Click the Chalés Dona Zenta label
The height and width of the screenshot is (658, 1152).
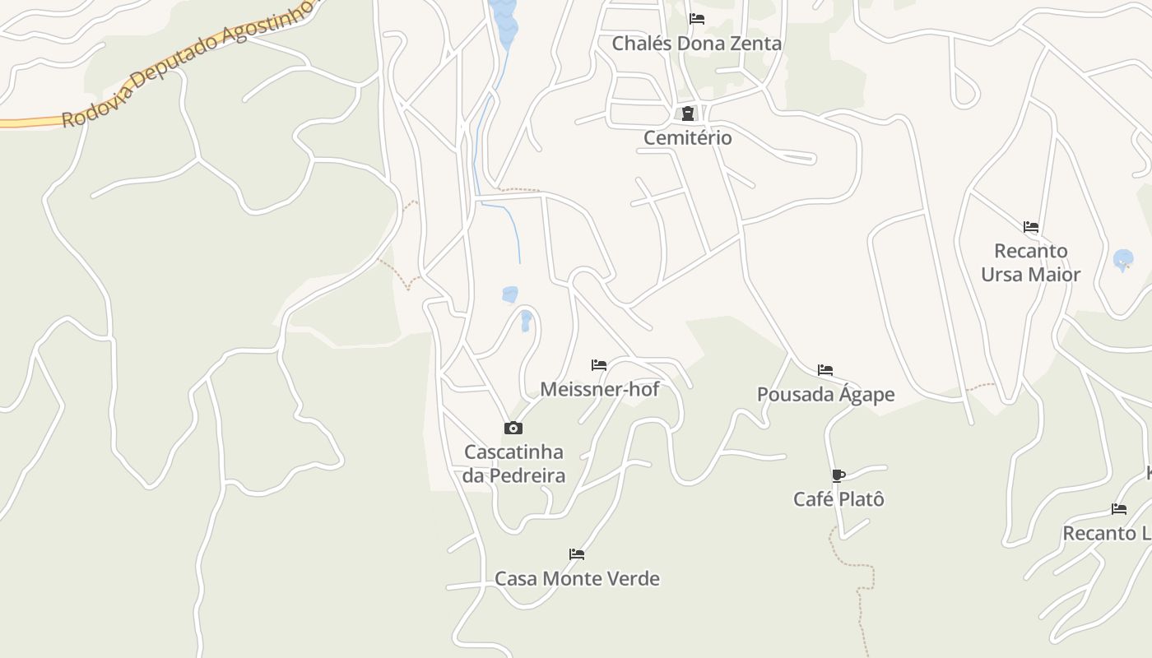[x=696, y=44]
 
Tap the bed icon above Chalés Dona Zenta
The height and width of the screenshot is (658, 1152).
[x=697, y=19]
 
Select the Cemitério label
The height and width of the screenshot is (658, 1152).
[x=687, y=137]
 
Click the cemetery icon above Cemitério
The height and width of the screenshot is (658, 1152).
[x=687, y=114]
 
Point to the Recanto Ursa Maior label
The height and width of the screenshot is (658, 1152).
[x=1030, y=262]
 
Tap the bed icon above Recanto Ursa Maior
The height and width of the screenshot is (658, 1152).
[x=1031, y=227]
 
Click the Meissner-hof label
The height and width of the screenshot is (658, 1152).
[x=599, y=389]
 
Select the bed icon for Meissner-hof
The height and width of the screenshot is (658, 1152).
[x=599, y=365]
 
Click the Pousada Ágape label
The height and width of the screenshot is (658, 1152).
[x=825, y=395]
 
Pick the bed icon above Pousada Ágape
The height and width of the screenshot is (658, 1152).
[x=825, y=370]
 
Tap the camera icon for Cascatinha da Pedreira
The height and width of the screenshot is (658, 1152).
[x=513, y=428]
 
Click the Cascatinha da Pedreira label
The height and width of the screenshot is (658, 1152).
[x=513, y=464]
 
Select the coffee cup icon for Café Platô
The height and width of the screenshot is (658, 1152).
[x=838, y=475]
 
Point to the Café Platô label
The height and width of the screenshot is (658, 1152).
[x=838, y=499]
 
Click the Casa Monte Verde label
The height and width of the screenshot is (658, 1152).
[x=577, y=579]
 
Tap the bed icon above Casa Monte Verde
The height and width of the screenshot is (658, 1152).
[x=577, y=554]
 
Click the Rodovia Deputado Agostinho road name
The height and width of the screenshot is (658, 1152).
[x=189, y=63]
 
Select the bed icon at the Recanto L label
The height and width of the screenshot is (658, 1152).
[x=1119, y=509]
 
